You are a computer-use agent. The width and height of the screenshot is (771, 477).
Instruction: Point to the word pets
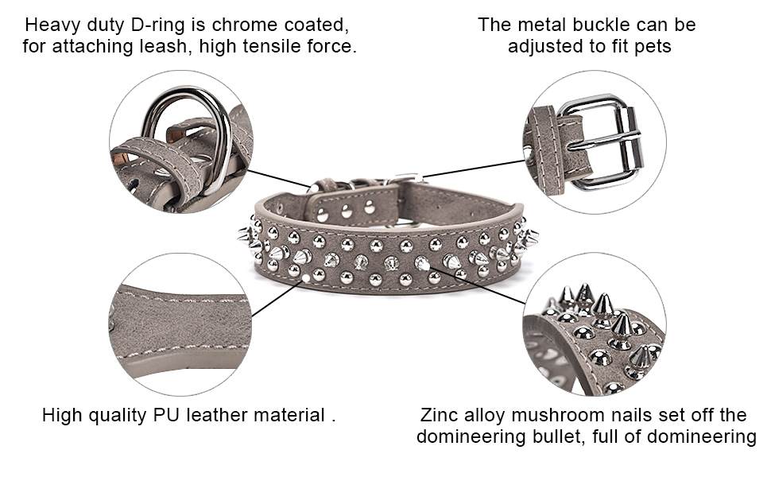pyautogui.click(x=653, y=47)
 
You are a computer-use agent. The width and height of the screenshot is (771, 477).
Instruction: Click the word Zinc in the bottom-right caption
pyautogui.click(x=439, y=415)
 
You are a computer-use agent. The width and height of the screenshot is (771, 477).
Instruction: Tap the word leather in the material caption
pyautogui.click(x=220, y=415)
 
